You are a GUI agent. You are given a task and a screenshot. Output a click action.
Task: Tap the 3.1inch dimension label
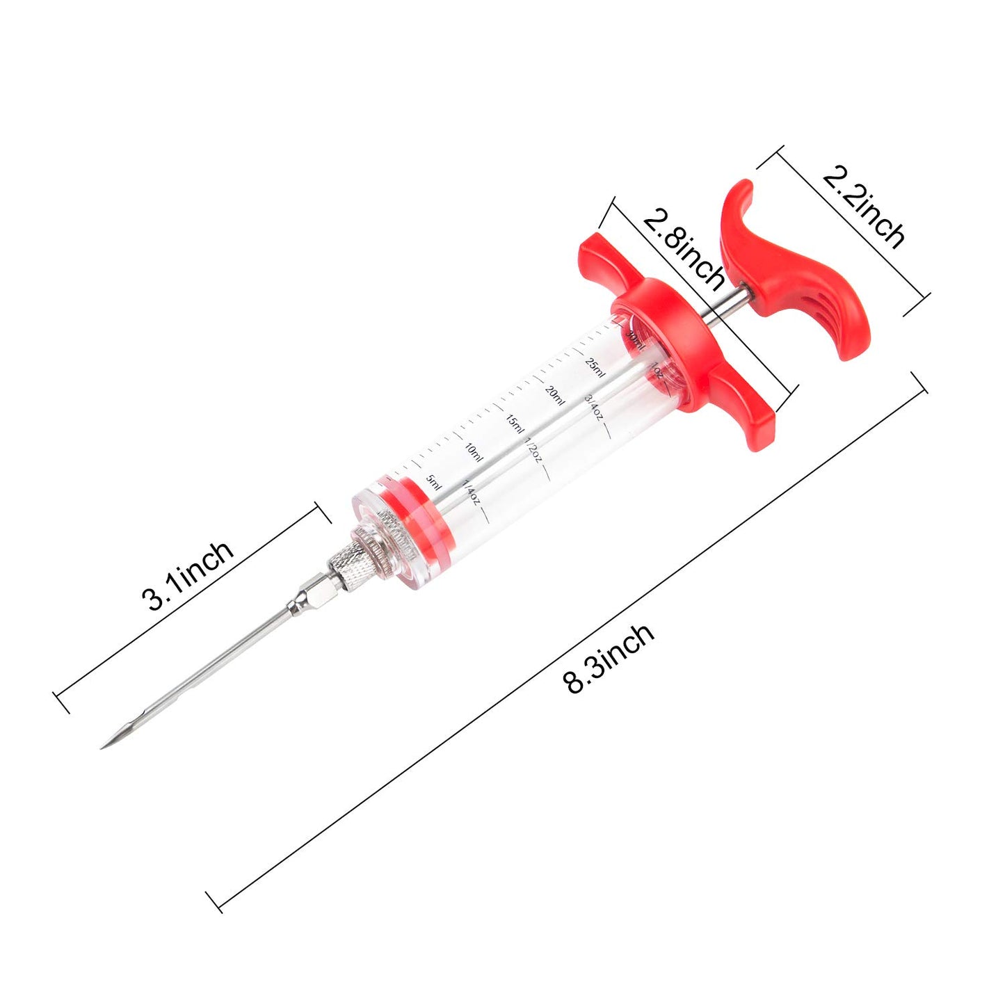[x=187, y=575]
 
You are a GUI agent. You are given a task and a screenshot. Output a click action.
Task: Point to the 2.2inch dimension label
[x=864, y=207]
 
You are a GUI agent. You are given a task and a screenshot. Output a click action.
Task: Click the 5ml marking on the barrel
[x=433, y=482]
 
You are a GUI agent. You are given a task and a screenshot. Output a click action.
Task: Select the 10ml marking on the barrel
[x=473, y=451]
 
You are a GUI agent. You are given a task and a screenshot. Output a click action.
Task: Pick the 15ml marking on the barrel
[x=514, y=423]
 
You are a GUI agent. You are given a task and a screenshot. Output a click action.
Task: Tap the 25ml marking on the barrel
[x=595, y=365]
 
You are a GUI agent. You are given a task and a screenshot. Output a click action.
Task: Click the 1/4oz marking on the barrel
[x=471, y=491]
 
